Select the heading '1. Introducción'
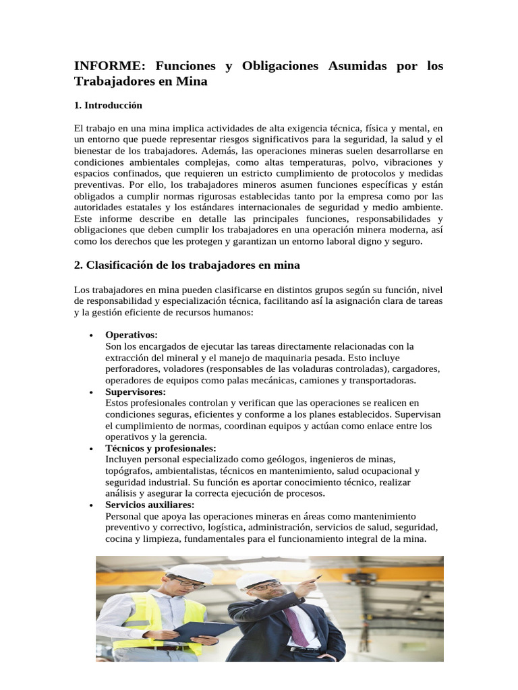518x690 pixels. tap(108, 106)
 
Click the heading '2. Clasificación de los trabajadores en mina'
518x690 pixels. tap(187, 265)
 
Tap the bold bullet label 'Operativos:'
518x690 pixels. tap(132, 335)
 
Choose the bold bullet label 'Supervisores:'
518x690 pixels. tap(136, 391)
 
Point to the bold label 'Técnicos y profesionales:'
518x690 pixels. tap(161, 448)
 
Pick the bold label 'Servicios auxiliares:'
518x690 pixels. tap(150, 505)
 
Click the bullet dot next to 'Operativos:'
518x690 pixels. tap(90, 336)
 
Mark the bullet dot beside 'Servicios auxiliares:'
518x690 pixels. tap(90, 505)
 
